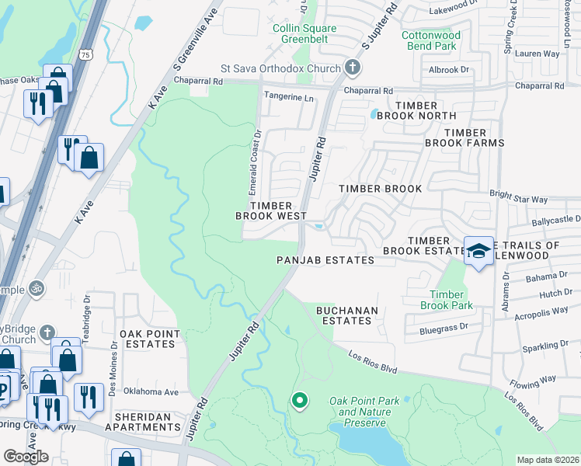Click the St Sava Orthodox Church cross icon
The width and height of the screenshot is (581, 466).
click(353, 68)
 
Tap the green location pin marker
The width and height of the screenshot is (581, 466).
click(300, 401)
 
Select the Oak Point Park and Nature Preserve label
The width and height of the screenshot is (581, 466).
click(364, 412)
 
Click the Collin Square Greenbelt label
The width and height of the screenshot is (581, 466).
click(304, 34)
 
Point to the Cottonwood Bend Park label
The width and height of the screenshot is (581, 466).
click(431, 41)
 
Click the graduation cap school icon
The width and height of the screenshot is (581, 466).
click(479, 251)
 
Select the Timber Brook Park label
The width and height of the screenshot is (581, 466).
click(447, 300)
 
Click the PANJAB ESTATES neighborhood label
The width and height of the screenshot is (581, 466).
click(325, 260)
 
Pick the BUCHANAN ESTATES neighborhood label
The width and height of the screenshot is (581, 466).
click(344, 315)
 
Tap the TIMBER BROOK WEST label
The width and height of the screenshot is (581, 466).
click(272, 210)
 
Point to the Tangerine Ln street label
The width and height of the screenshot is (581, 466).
click(290, 98)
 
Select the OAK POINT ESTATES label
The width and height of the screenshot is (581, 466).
click(149, 339)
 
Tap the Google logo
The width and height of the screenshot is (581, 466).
click(26, 456)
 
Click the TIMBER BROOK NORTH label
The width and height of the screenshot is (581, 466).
click(425, 110)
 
